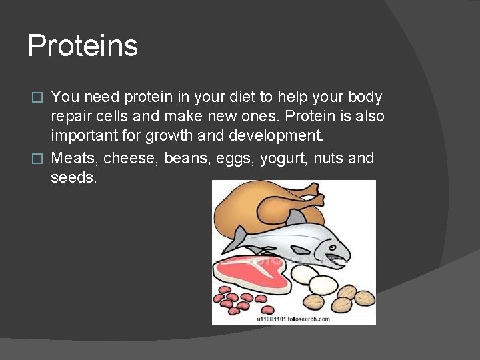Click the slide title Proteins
pos(83,47)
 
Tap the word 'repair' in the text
pos(71,117)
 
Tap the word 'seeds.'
pos(73,179)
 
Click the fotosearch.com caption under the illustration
pos(293,319)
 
